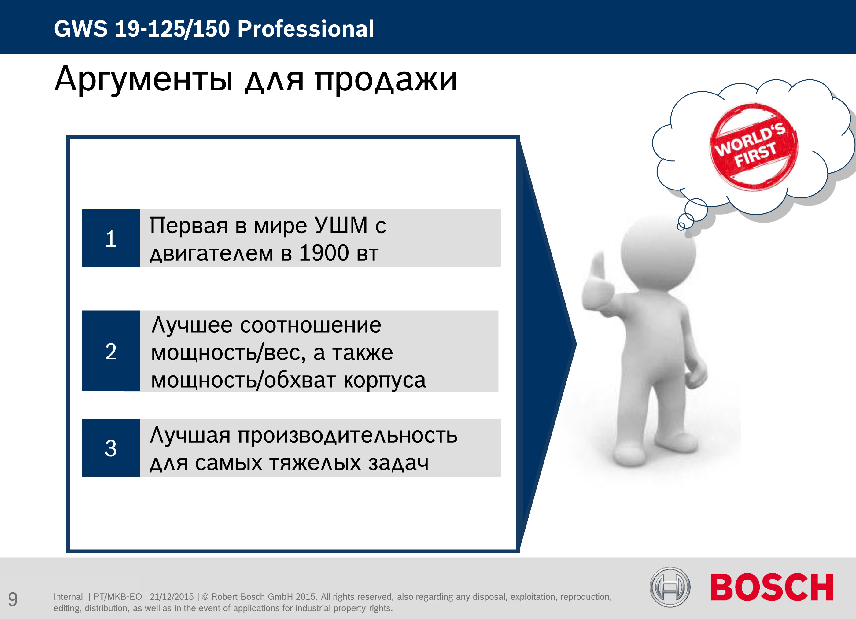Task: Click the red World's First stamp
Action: tap(754, 146)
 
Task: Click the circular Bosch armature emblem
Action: tap(670, 587)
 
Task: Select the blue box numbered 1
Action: tap(111, 238)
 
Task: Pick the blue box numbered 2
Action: tap(111, 351)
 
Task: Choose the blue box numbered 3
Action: tap(111, 448)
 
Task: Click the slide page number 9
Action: tap(13, 599)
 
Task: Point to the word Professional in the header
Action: tap(306, 29)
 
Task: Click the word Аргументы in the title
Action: tap(144, 79)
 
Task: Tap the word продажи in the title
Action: tap(386, 80)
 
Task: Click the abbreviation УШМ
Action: tap(341, 225)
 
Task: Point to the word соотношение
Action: tap(311, 325)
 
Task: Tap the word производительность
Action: tap(348, 436)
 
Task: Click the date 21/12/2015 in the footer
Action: tap(172, 597)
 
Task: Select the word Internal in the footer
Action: tap(68, 597)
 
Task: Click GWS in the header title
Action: tap(81, 29)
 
